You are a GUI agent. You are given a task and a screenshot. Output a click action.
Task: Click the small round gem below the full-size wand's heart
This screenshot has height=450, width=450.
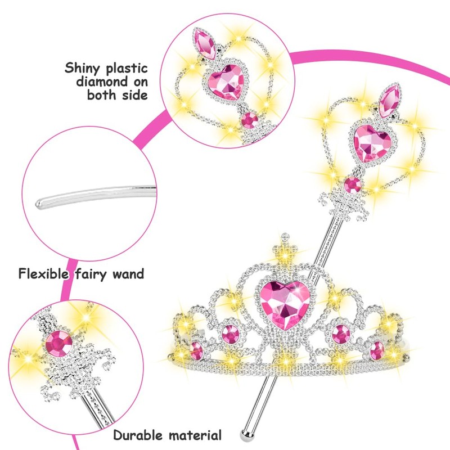(353, 184)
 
